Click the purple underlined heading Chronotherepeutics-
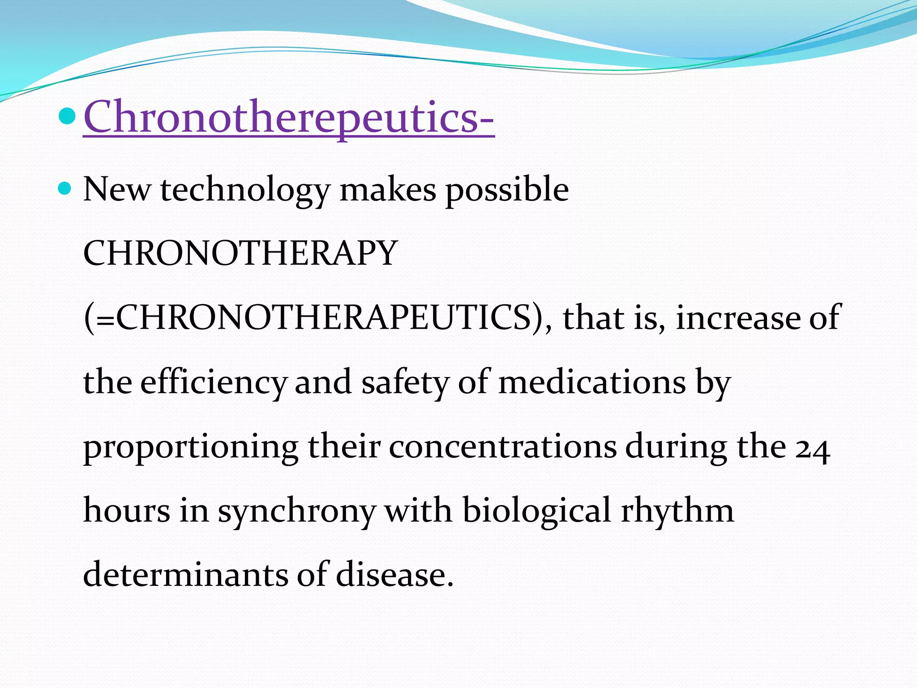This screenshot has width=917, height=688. point(289,117)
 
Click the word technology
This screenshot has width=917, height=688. point(245,190)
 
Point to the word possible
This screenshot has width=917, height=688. point(507,190)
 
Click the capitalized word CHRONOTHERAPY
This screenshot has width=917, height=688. point(240,254)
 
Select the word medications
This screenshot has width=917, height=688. point(592,382)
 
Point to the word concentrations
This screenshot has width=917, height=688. point(502,447)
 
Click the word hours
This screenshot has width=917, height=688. point(127,511)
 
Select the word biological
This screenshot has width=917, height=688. point(536,511)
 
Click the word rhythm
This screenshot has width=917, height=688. point(677,511)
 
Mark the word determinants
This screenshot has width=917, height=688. point(185,575)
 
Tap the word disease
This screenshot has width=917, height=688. point(394,575)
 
